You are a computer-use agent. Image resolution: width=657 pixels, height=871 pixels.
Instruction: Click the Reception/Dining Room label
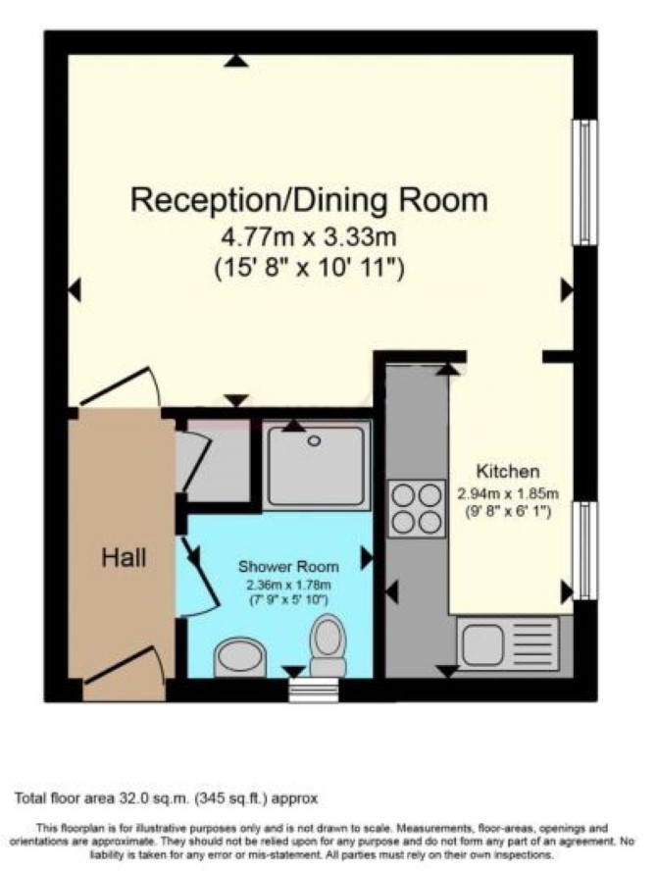(309, 200)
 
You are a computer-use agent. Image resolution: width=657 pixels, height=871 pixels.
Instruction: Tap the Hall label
(124, 557)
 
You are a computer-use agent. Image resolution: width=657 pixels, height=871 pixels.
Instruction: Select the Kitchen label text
(508, 472)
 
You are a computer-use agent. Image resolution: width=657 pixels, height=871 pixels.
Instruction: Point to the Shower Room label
(288, 567)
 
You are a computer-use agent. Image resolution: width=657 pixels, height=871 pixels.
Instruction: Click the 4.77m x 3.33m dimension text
(309, 237)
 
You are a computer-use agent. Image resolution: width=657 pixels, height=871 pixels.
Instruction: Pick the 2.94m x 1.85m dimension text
(508, 493)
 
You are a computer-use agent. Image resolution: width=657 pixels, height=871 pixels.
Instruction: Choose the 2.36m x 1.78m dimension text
(288, 585)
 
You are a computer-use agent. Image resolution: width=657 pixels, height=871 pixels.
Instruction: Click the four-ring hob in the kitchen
(417, 508)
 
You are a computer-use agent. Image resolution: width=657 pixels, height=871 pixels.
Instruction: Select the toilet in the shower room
(328, 645)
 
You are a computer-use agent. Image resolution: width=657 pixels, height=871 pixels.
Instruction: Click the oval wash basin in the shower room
(240, 658)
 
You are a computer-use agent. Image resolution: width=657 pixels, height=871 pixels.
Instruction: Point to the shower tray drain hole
(315, 441)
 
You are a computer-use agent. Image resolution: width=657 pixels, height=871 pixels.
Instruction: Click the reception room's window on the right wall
(584, 182)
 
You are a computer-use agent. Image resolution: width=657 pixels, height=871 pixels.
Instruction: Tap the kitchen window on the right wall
(584, 550)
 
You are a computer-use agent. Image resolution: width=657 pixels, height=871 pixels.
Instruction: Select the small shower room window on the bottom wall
(314, 690)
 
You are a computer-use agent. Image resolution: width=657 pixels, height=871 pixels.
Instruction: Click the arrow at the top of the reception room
(236, 61)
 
